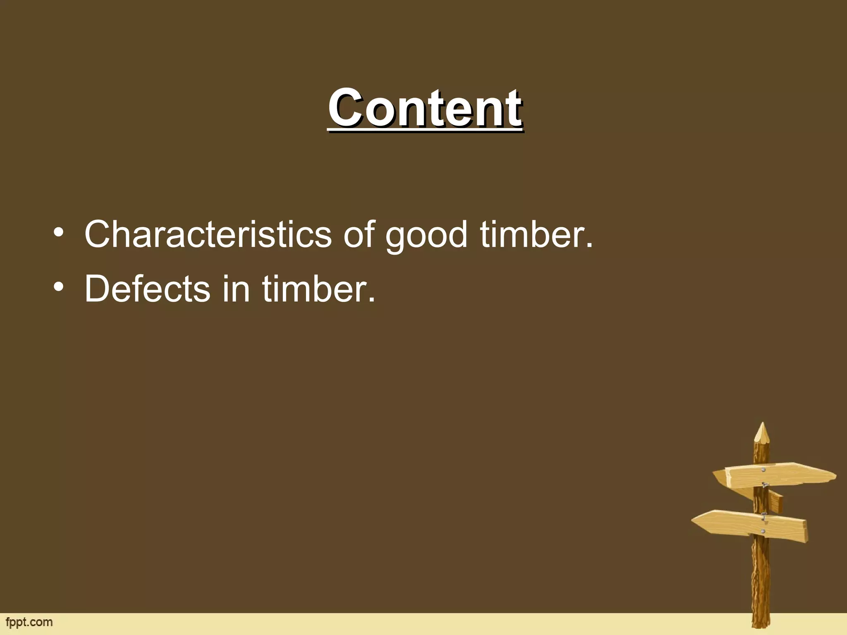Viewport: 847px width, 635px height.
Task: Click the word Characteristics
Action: (x=208, y=234)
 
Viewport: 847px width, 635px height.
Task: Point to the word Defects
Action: (x=147, y=289)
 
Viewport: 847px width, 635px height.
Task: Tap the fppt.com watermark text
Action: (x=29, y=622)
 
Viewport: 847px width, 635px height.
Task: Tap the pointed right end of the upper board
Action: (x=835, y=475)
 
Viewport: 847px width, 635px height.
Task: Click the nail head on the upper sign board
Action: (x=763, y=470)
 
